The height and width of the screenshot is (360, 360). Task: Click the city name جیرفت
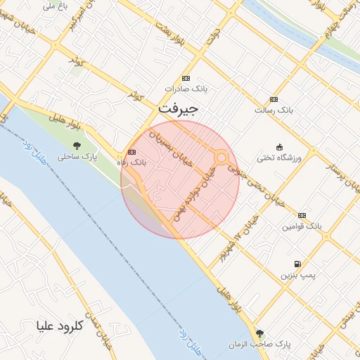pos(178,108)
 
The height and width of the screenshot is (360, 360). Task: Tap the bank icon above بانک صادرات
pos(186,78)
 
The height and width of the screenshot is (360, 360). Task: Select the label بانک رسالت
pos(273,110)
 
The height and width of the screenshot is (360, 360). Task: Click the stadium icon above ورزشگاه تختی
pos(280,147)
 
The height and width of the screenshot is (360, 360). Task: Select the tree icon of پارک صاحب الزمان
pos(260,333)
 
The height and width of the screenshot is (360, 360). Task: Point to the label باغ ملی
pos(55,6)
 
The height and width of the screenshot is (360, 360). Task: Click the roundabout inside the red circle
pos(221,158)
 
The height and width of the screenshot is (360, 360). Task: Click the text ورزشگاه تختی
pos(279,157)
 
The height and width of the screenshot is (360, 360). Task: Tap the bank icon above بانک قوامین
pos(302,216)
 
